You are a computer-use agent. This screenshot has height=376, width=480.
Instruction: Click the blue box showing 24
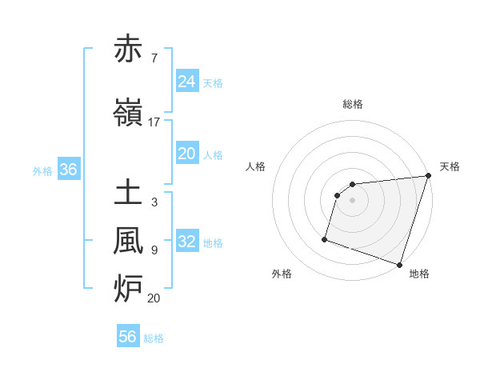(186, 81)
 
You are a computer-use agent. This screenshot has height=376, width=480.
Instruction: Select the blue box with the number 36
(68, 170)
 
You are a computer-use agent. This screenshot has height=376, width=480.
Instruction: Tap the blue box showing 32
(186, 242)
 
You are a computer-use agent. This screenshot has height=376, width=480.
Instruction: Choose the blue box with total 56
(127, 337)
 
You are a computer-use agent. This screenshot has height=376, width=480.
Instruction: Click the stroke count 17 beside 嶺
(154, 122)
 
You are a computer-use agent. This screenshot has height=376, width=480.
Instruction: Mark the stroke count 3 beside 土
(154, 203)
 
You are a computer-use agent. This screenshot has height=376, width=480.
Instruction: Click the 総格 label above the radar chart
(353, 104)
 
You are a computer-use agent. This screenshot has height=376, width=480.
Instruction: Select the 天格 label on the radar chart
(450, 166)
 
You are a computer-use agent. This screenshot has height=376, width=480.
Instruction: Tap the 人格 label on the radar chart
(255, 166)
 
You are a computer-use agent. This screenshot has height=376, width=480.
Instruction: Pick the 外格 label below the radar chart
(282, 274)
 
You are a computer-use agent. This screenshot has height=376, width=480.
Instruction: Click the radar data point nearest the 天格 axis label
(428, 176)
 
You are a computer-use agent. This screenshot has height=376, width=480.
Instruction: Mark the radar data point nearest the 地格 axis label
(399, 264)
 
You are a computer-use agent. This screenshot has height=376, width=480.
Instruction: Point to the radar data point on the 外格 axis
(325, 238)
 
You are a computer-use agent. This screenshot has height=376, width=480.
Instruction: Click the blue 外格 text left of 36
(42, 170)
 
